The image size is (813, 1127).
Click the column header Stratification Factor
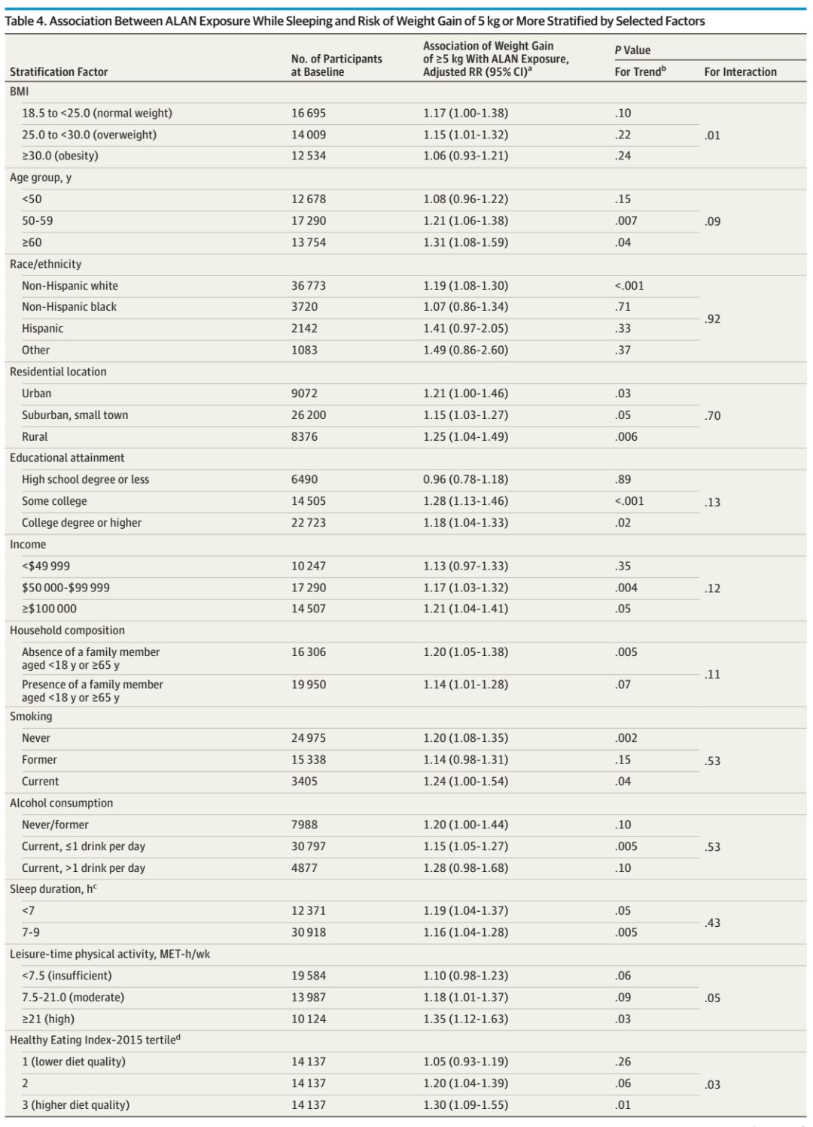click(59, 72)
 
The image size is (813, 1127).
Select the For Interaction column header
click(740, 72)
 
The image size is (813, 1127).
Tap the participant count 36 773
click(309, 286)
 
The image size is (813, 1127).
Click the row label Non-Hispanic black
click(69, 307)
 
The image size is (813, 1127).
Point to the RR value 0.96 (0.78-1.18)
click(465, 479)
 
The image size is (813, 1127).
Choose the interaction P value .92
click(712, 319)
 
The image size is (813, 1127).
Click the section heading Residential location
click(58, 372)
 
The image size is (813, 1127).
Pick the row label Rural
click(35, 436)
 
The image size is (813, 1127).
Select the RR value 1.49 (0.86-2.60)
click(465, 350)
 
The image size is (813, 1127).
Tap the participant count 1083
click(304, 350)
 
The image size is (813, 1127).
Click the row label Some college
click(54, 501)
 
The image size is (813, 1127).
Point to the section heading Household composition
click(67, 630)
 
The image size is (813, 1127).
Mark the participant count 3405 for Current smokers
click(304, 781)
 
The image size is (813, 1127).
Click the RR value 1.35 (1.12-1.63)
click(465, 1019)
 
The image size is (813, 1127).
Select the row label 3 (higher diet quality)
click(75, 1104)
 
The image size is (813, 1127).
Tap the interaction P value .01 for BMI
click(712, 135)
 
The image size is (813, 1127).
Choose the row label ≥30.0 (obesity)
click(60, 156)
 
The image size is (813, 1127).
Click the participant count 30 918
click(309, 932)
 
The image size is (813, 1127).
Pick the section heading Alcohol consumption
click(62, 803)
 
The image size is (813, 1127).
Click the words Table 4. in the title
click(25, 21)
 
